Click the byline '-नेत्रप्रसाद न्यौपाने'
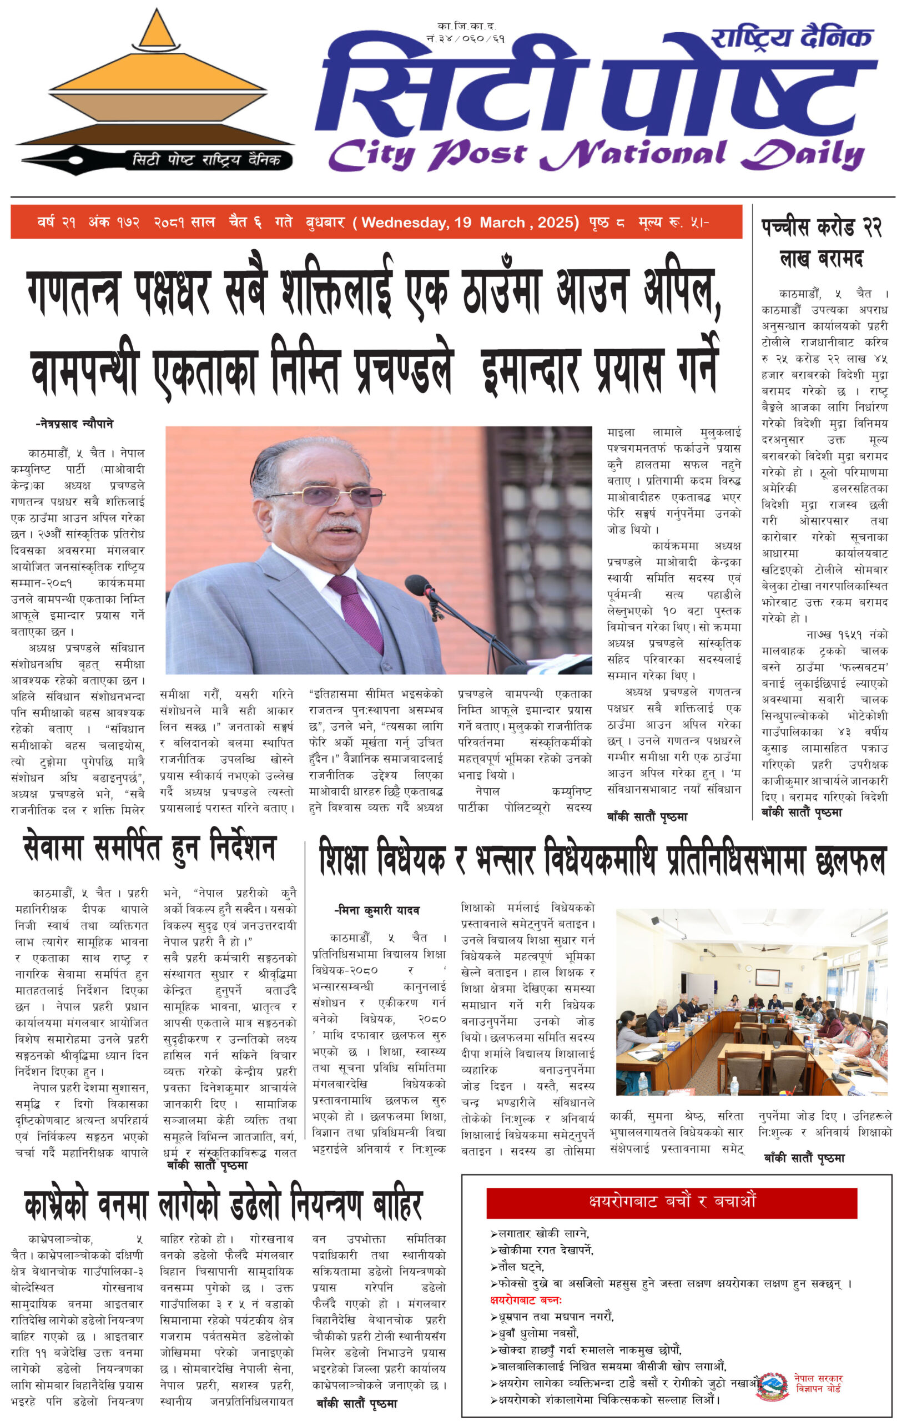(74, 424)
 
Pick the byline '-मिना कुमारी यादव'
(377, 910)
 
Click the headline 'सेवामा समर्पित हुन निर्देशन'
(150, 849)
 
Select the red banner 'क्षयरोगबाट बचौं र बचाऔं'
(671, 1202)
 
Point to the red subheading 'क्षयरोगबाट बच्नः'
(526, 1300)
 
